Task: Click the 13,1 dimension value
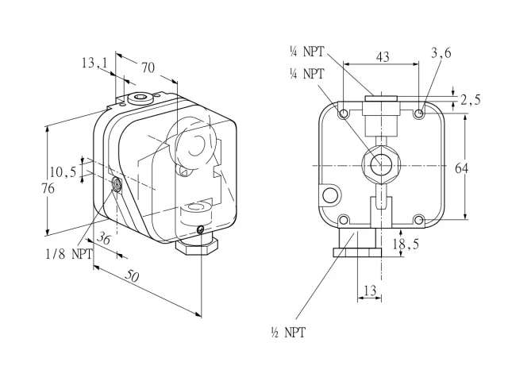[94, 63]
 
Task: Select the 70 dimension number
[148, 68]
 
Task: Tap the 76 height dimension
[48, 188]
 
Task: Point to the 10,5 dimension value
[63, 171]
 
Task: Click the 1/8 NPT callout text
[69, 254]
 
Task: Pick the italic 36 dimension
[105, 238]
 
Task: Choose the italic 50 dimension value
[133, 276]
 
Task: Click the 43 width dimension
[383, 56]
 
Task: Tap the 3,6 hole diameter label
[441, 53]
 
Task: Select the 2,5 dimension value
[471, 100]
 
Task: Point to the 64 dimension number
[462, 168]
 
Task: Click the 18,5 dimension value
[406, 244]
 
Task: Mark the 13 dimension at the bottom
[371, 291]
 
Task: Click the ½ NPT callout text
[288, 333]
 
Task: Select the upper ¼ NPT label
[306, 52]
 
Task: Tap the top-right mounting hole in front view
[419, 114]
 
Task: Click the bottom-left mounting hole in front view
[344, 221]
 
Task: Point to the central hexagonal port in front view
[381, 165]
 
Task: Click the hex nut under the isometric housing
[197, 247]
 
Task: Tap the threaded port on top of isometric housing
[140, 97]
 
